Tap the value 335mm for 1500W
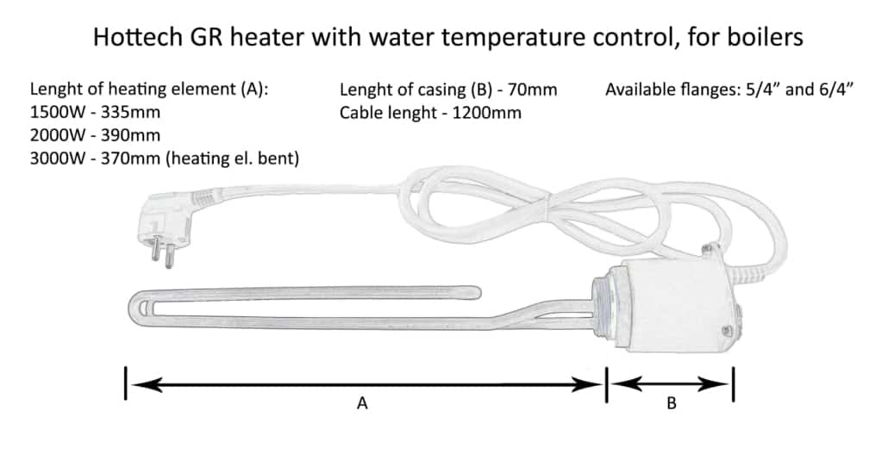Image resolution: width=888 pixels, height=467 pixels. tap(130, 112)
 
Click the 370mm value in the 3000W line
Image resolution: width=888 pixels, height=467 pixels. tap(130, 158)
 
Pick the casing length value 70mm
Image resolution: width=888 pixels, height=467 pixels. tap(532, 90)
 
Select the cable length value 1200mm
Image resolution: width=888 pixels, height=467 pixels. tap(486, 113)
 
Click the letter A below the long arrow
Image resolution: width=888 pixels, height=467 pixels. tap(362, 403)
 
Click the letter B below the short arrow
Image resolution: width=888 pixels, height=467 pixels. tap(672, 403)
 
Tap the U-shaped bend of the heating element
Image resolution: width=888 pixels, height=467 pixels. tap(137, 309)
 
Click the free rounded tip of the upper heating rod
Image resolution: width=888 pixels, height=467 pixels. tap(476, 293)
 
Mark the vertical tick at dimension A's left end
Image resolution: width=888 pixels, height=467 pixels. tap(126, 383)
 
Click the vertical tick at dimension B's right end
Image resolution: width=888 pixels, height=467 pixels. tap(734, 384)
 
